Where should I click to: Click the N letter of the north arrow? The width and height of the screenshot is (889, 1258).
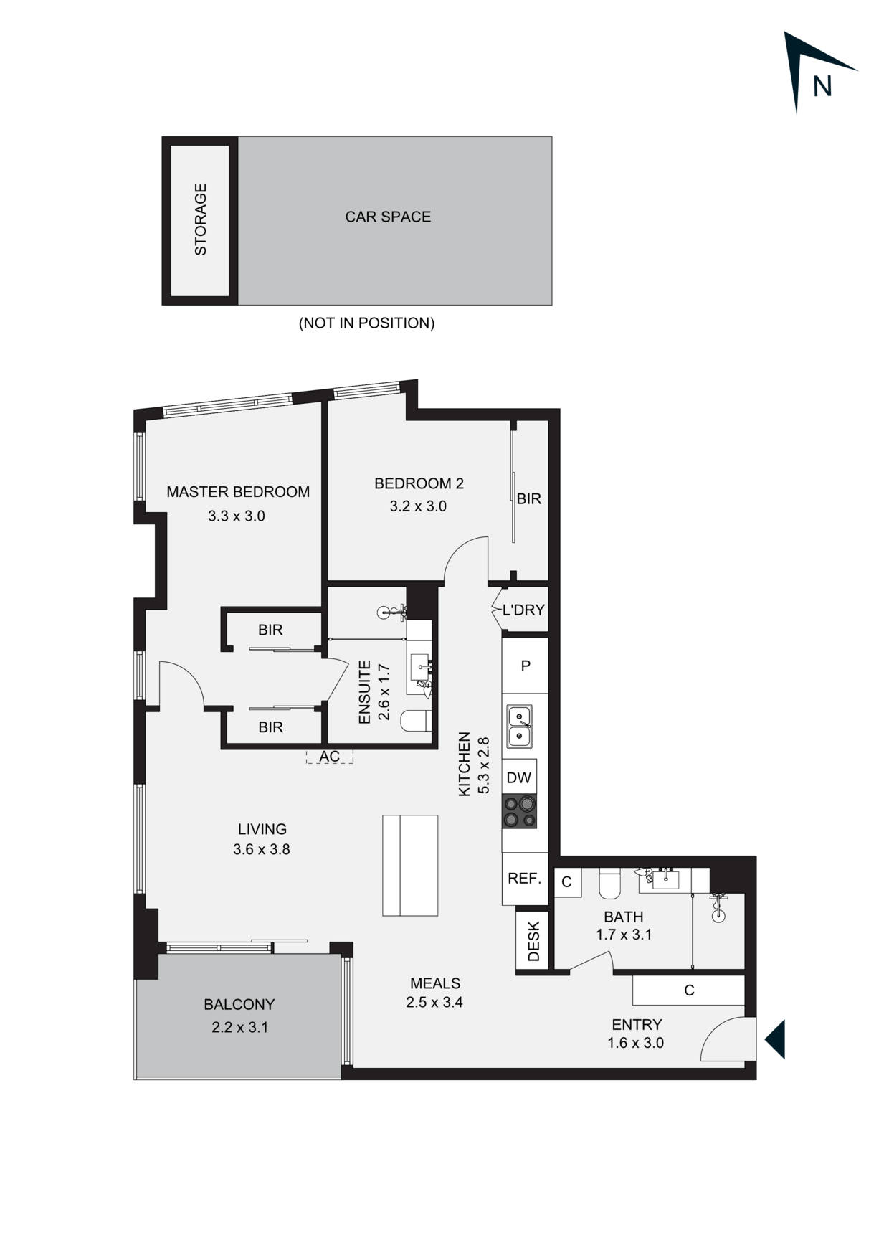[x=822, y=86]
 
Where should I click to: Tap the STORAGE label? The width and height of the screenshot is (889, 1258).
[x=201, y=219]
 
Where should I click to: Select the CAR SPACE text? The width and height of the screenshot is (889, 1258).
[x=388, y=217]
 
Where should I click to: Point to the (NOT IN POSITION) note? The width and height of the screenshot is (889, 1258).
[x=366, y=323]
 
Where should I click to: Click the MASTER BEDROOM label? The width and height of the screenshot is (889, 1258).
[x=238, y=492]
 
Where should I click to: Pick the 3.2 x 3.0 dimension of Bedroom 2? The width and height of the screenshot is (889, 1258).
[x=418, y=506]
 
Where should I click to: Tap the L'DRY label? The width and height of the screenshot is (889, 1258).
[x=523, y=610]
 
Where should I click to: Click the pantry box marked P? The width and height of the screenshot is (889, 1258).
[x=526, y=666]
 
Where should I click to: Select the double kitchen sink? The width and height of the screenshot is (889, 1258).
[x=520, y=726]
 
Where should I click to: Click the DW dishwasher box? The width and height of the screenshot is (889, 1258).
[x=519, y=777]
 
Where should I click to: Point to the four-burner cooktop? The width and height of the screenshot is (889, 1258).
[x=520, y=812]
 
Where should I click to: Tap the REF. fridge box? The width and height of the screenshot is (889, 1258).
[x=524, y=879]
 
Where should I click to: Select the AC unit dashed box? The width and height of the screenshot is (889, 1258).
[x=329, y=757]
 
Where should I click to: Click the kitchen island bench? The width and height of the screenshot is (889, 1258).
[x=410, y=865]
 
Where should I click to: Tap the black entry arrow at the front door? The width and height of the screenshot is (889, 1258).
[x=776, y=1039]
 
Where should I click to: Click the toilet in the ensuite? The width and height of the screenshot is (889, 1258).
[x=416, y=721]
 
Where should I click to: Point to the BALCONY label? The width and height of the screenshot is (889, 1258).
[x=239, y=1004]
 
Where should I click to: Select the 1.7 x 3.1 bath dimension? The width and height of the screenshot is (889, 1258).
[x=624, y=935]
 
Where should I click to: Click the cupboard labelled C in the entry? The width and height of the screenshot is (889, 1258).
[x=689, y=990]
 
